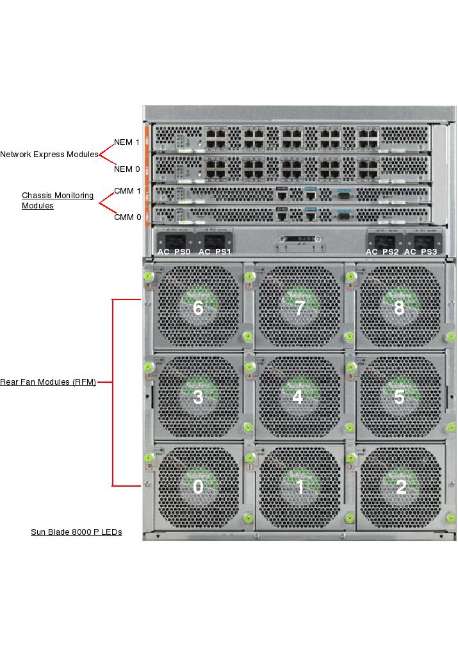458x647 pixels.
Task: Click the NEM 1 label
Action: point(126,142)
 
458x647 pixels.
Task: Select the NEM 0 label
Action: point(126,169)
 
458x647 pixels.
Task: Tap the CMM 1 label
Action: point(127,191)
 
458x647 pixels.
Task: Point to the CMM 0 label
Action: point(127,217)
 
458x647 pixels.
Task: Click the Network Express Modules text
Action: point(49,155)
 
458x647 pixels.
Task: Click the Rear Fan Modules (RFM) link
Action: point(48,382)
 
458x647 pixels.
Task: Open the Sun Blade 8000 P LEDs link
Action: point(76,532)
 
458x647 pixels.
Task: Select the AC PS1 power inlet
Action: point(215,240)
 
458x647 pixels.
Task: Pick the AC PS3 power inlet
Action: point(421,240)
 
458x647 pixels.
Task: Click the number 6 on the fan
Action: point(198,308)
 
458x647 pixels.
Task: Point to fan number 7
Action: point(299,308)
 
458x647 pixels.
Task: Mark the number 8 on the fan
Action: point(399,308)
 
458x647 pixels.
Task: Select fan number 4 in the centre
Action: point(298,397)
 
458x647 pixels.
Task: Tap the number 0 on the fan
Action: point(198,487)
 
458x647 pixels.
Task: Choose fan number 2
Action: point(400,487)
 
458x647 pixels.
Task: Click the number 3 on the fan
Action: point(198,398)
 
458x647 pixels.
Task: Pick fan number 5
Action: point(399,398)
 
